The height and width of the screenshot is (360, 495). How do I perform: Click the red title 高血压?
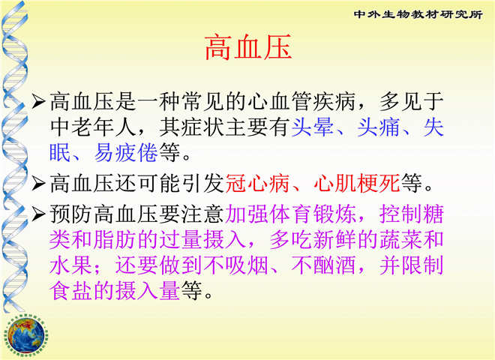248,47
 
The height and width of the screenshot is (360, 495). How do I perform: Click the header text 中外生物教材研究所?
418,14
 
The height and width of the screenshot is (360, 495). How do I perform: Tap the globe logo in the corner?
26,335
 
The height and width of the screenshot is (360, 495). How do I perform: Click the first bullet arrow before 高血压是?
39,101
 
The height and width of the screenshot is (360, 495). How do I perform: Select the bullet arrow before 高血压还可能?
39,183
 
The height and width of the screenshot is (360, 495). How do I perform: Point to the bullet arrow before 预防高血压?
39,214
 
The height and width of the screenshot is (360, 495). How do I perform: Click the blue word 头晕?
313,127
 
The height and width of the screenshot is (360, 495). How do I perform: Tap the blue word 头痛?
379,127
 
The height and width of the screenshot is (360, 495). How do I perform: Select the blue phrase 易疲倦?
126,152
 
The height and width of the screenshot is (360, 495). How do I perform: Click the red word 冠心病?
257,183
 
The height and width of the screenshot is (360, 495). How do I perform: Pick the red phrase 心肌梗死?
357,183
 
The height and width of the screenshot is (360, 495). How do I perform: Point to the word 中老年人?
93,127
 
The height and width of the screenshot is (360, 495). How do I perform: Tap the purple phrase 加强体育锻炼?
290,214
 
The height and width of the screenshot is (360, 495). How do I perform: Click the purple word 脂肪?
115,240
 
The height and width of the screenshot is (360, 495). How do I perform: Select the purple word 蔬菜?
400,240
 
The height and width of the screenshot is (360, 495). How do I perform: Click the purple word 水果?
71,265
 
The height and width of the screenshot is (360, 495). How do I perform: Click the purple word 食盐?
71,291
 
